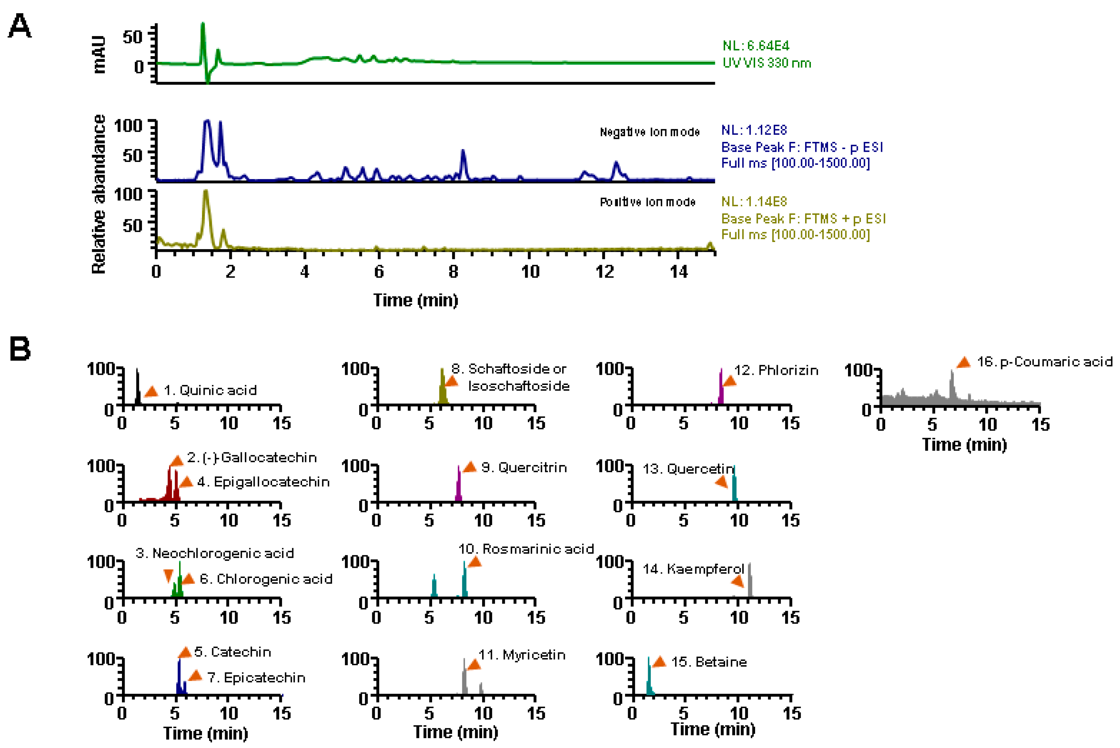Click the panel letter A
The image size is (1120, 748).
[x=20, y=26]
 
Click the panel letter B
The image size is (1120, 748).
[x=20, y=349]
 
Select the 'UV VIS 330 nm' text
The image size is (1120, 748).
[x=767, y=63]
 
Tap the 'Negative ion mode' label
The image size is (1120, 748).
[x=649, y=132]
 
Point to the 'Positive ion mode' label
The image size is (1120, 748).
[x=647, y=202]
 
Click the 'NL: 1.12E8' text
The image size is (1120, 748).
[x=754, y=130]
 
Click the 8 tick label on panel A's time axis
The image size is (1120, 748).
[x=453, y=272]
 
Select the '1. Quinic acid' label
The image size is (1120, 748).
[x=210, y=390]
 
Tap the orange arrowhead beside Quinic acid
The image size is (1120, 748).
[x=151, y=392]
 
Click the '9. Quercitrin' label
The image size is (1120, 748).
[x=524, y=467]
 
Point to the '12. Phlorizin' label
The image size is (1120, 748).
[x=776, y=370]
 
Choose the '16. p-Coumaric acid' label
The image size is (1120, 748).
[x=1045, y=362]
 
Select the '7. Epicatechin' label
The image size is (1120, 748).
[x=256, y=678]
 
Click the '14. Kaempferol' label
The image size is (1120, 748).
[x=693, y=569]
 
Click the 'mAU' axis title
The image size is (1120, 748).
[x=99, y=54]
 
